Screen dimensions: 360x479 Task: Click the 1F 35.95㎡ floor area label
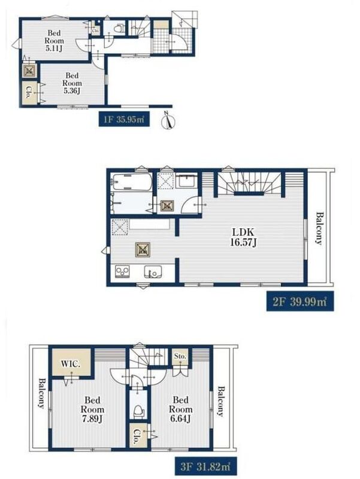click(124, 119)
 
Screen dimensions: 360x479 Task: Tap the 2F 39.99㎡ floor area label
click(300, 302)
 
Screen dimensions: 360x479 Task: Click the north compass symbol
click(168, 121)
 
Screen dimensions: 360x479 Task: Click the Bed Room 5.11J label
click(55, 41)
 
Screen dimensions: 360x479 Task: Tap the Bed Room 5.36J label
click(72, 83)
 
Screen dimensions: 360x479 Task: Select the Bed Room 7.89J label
click(92, 409)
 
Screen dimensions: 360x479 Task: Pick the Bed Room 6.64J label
click(181, 409)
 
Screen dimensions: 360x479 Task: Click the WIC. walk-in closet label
click(71, 364)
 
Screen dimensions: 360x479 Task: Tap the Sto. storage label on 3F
click(180, 356)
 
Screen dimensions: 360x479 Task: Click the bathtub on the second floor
click(131, 183)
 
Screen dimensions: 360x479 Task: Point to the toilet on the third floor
click(139, 411)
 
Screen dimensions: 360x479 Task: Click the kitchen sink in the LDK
click(153, 272)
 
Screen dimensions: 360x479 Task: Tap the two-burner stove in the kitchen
click(122, 271)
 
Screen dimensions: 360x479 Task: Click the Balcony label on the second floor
click(319, 229)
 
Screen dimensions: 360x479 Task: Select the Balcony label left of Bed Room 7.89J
click(41, 393)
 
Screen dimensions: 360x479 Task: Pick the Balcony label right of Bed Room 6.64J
click(220, 401)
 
